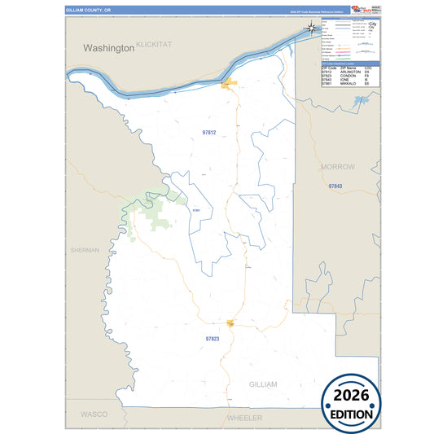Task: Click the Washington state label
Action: point(108,48)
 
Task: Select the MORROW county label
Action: point(339,166)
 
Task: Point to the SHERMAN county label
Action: point(85,250)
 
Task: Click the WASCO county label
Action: point(93,414)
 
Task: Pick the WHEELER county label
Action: point(244,418)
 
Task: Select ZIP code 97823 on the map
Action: point(213,338)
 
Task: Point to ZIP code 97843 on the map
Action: point(336,186)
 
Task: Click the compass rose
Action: point(313,29)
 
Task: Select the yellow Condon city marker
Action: point(231,323)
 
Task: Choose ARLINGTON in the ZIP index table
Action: point(349,72)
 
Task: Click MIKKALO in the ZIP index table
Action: point(348,84)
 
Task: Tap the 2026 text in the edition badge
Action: point(352,396)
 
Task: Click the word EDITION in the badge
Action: point(352,414)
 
